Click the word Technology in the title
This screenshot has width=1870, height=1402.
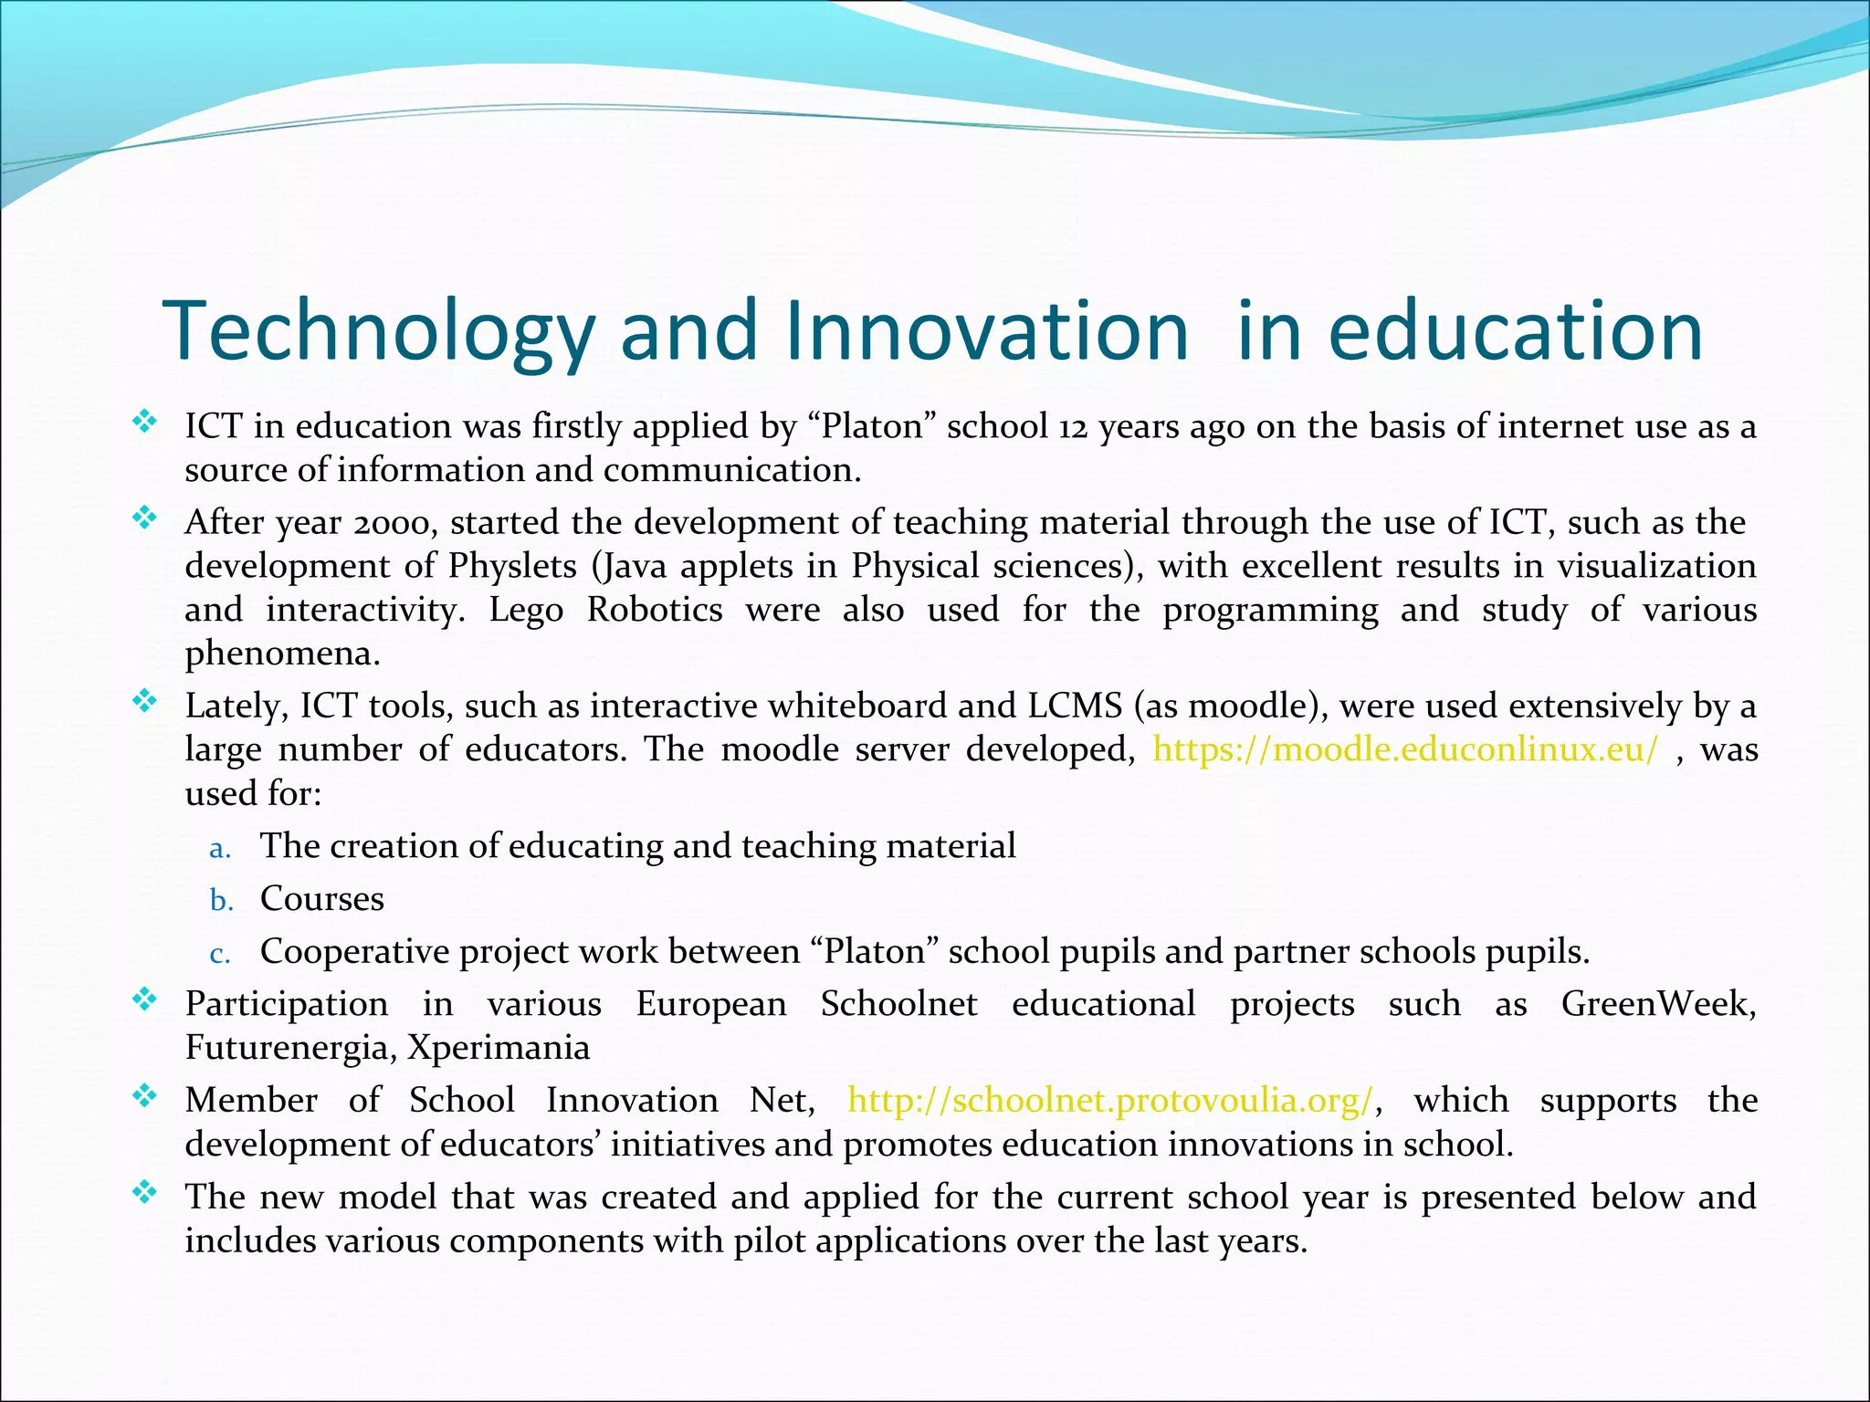[x=378, y=330]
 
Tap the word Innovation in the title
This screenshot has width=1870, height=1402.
[x=986, y=330]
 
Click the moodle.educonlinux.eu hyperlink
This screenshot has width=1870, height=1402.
[x=1404, y=749]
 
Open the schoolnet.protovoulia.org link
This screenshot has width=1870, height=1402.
[x=1109, y=1101]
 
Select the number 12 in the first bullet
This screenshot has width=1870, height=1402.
[x=1073, y=427]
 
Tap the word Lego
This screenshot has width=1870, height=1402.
[x=526, y=610]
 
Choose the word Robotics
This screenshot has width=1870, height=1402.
[x=655, y=610]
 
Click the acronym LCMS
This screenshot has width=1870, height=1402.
[x=1075, y=706]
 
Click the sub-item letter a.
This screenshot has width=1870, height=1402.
[x=219, y=849]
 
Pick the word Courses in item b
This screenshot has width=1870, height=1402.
[x=322, y=899]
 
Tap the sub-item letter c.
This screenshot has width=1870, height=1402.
[x=219, y=954]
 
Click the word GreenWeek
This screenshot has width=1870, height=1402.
[x=1656, y=1004]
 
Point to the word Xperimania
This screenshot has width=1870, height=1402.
[x=499, y=1048]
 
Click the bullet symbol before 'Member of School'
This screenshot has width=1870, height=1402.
[x=144, y=1095]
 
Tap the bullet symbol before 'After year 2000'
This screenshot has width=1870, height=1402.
[x=144, y=518]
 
